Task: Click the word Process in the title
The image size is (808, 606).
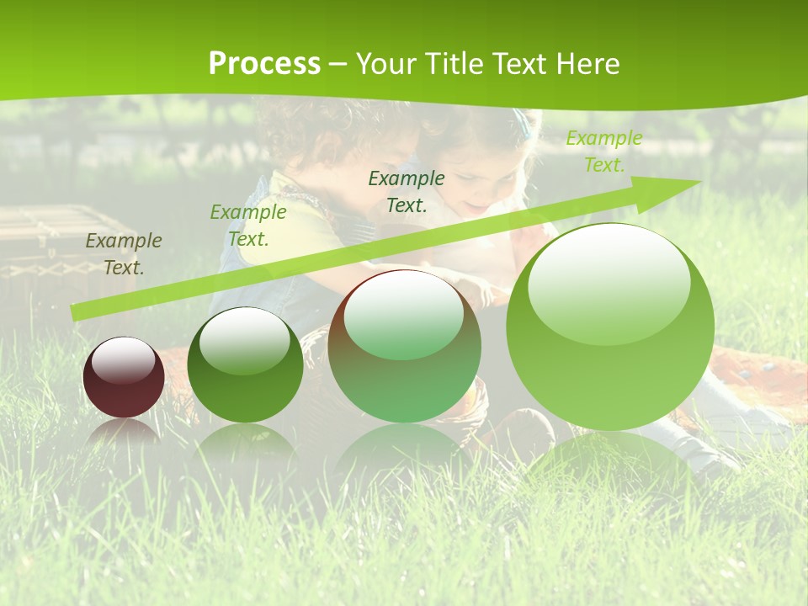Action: [264, 64]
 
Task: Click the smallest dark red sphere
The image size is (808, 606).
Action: [124, 377]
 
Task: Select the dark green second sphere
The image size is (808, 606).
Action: [245, 365]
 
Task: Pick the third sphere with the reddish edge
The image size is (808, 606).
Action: [404, 346]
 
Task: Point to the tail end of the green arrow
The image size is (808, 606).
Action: [76, 313]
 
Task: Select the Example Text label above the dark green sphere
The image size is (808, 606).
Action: [247, 226]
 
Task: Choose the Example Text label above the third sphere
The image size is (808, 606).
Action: [406, 191]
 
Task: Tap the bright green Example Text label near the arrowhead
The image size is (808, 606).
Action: [603, 151]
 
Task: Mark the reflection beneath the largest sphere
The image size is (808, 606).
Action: [610, 459]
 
